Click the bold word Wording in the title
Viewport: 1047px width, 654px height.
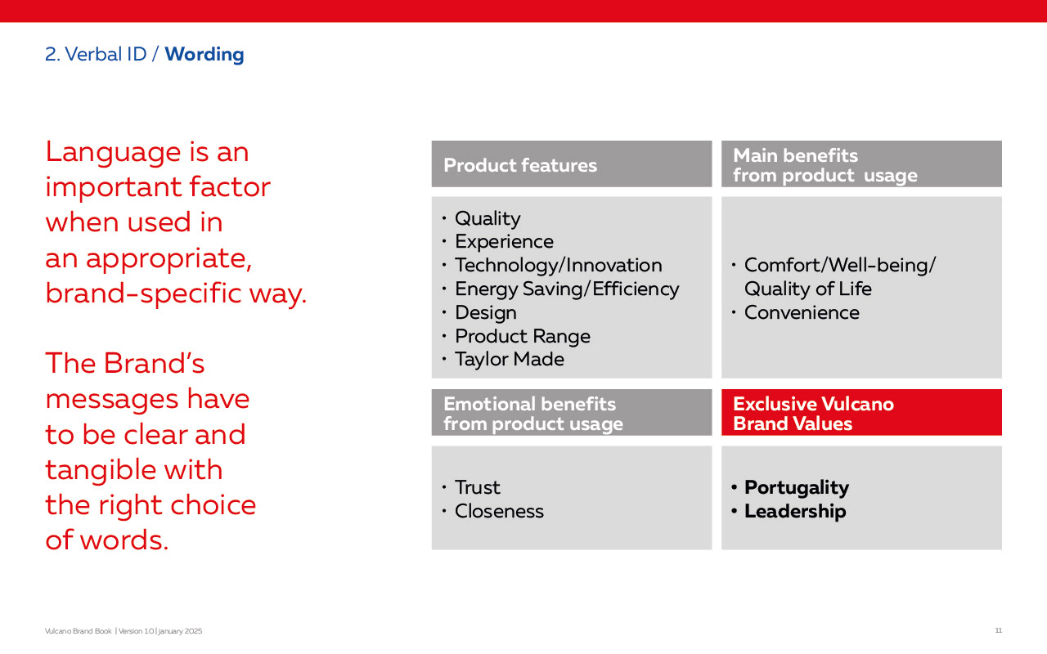tap(204, 55)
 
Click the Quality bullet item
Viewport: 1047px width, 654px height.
tap(488, 218)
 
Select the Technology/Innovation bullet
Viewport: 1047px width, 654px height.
tap(559, 266)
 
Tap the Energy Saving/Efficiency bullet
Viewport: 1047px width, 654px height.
tap(567, 289)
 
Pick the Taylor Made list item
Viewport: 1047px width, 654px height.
tap(510, 359)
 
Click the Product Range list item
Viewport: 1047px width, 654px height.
tap(523, 336)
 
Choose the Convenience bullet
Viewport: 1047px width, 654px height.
tap(802, 312)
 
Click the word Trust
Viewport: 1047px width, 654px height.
tap(477, 488)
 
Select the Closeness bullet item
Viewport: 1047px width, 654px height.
tap(499, 511)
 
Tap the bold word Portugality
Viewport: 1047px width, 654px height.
tap(797, 488)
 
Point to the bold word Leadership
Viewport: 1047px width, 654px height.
tap(795, 511)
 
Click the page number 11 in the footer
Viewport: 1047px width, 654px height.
tap(998, 630)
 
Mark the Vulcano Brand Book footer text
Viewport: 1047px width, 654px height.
tap(78, 631)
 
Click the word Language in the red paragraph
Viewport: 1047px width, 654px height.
tap(113, 153)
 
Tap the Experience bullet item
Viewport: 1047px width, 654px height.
tap(504, 242)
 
